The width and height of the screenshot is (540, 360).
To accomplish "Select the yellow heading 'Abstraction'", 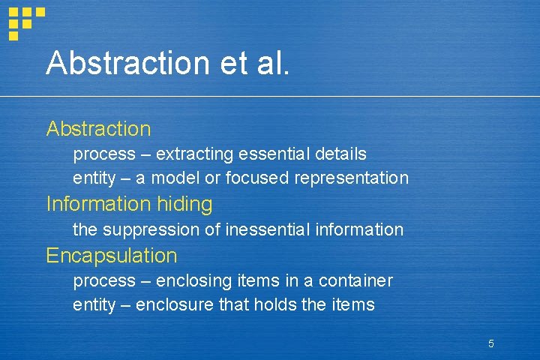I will pos(98,129).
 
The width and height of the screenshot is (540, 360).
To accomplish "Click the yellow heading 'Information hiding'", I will pos(129,203).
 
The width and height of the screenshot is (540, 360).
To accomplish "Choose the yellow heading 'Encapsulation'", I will pos(112,255).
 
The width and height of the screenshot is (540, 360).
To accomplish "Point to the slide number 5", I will pos(490,343).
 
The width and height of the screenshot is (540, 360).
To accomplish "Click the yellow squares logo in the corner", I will pos(25,20).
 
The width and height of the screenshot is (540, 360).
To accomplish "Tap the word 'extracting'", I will pos(195,154).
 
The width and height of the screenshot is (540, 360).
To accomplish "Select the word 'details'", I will pos(340,154).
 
